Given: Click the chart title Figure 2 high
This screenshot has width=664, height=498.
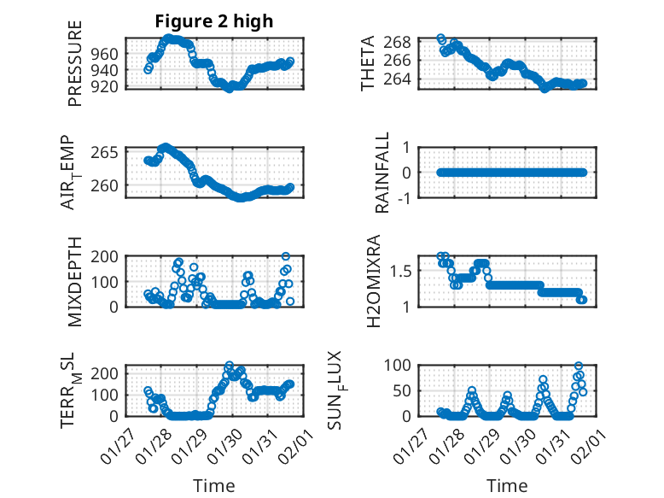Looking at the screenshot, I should click(x=214, y=21).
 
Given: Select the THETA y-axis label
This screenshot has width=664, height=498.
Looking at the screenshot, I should click(x=368, y=63).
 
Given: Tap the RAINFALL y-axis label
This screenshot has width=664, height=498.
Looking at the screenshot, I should click(x=383, y=173).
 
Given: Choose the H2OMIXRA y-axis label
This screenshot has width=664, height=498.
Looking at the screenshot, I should click(x=374, y=279).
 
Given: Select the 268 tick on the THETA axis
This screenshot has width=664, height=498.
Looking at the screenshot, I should click(x=403, y=42).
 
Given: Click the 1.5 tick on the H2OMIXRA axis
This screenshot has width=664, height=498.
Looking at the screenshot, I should click(x=404, y=271).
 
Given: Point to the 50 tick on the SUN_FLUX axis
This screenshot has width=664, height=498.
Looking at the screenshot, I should click(x=405, y=390).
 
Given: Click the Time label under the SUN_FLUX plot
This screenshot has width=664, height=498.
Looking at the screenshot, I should click(x=507, y=486).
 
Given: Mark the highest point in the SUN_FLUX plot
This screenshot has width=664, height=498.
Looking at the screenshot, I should click(x=579, y=366).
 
